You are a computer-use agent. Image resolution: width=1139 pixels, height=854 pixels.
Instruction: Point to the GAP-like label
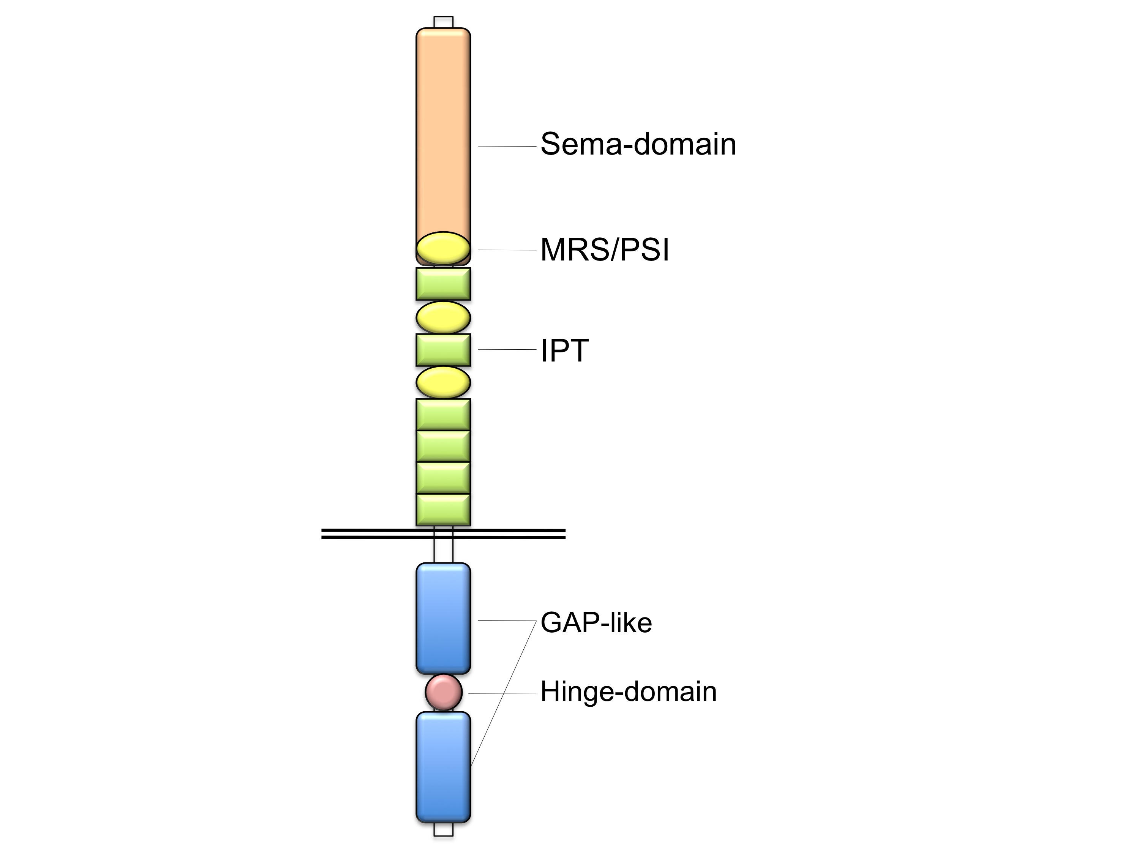tap(596, 623)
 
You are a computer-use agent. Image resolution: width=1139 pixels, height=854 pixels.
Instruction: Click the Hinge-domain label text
tap(628, 691)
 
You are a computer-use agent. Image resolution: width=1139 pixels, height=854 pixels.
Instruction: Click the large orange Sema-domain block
tap(443, 129)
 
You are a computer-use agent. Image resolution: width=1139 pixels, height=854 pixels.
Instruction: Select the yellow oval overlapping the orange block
tap(443, 248)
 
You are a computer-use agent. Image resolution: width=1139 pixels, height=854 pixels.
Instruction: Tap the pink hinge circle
tap(443, 692)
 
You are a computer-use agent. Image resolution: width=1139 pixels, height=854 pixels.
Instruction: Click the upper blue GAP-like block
tap(443, 618)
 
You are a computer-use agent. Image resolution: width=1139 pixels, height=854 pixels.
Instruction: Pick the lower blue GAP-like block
tap(443, 767)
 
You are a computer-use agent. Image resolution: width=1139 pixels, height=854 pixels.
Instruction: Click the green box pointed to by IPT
tap(443, 350)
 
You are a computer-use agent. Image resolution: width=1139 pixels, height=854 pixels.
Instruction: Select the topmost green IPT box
tap(443, 284)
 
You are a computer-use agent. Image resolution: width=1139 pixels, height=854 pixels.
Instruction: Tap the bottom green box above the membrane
tap(443, 510)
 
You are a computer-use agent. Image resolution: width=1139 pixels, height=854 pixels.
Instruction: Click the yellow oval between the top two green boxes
tap(443, 317)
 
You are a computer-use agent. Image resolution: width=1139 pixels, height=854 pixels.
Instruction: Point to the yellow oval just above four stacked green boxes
tap(443, 382)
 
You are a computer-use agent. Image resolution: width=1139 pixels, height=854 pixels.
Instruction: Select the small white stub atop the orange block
tap(443, 22)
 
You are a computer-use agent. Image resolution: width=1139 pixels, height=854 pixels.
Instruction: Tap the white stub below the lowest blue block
tap(443, 829)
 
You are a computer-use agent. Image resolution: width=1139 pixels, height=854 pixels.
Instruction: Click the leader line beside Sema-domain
tap(507, 147)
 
